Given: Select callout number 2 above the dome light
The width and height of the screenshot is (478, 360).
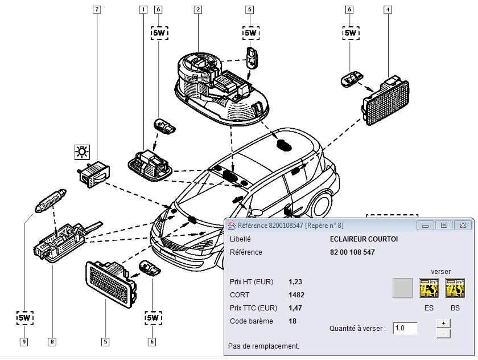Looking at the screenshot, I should (x=197, y=10).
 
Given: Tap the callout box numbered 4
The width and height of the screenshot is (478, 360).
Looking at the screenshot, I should (x=388, y=10).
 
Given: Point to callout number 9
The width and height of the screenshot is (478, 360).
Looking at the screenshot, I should (x=24, y=342).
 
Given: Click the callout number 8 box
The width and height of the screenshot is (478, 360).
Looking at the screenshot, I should (x=52, y=342).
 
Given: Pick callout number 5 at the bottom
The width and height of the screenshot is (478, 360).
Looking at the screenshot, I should (x=105, y=342).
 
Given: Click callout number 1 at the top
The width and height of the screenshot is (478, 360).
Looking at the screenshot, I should (x=143, y=10).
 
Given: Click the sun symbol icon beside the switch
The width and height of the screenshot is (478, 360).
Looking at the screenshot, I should (x=83, y=152).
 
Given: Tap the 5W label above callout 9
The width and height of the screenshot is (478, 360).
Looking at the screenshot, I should (x=25, y=317).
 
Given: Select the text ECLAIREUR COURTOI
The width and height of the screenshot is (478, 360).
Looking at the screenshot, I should (x=364, y=239).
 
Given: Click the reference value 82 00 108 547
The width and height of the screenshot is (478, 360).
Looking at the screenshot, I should (x=352, y=252).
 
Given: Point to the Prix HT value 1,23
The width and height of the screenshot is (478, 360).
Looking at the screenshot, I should (x=294, y=281).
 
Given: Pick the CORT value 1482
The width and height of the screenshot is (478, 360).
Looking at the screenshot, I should (x=296, y=294).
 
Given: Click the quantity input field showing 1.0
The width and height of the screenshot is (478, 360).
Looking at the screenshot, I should (x=405, y=328).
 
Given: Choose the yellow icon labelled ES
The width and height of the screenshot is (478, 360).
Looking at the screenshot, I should (x=428, y=288).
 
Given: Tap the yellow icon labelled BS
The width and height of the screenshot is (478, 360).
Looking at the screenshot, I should (x=455, y=288).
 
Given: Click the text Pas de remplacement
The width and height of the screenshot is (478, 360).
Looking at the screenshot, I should (x=263, y=346).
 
